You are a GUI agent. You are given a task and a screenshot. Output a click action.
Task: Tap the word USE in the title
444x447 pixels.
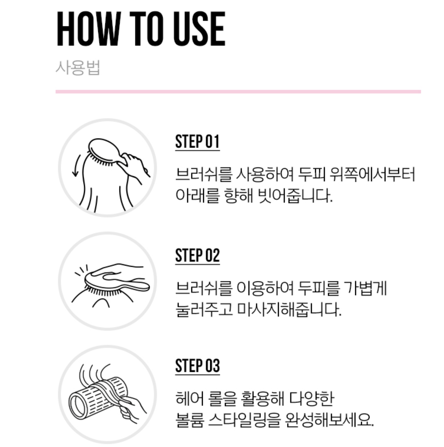(x=199, y=29)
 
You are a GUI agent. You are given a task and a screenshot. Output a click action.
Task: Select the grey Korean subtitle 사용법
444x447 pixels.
(x=78, y=68)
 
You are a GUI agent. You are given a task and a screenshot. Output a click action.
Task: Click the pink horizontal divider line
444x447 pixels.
(x=238, y=92)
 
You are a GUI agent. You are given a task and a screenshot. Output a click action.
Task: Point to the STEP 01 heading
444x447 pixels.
(x=197, y=141)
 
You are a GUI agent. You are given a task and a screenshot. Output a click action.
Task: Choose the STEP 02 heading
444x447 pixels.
(x=197, y=255)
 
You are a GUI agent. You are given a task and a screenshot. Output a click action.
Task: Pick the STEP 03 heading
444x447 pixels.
(x=197, y=366)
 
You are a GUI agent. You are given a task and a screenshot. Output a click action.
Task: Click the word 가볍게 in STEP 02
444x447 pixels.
(x=365, y=288)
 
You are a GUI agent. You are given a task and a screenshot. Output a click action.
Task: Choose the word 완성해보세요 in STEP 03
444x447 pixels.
(x=329, y=420)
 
